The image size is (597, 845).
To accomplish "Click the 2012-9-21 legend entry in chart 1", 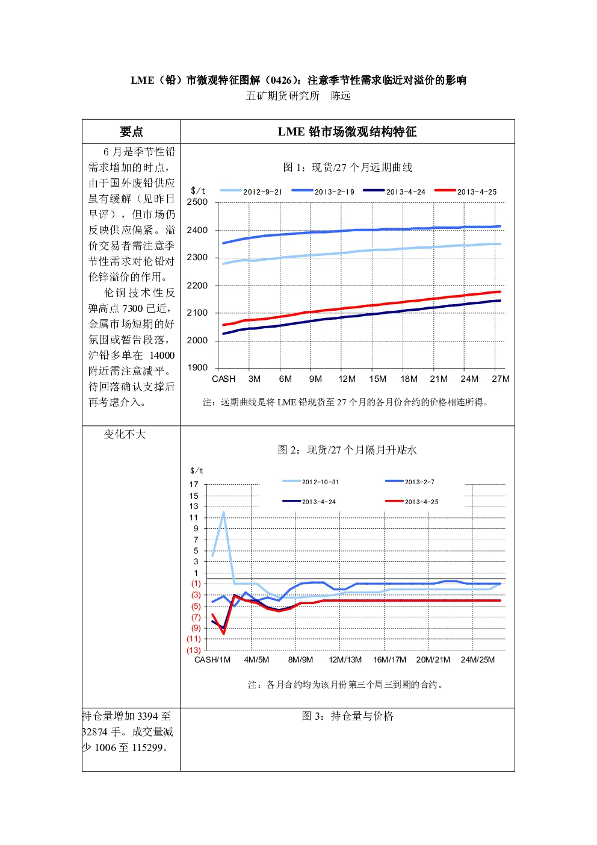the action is pyautogui.click(x=252, y=192).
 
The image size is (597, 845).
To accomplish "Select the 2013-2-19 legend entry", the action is pyautogui.click(x=323, y=192).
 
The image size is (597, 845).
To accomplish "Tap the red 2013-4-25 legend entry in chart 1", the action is pyautogui.click(x=465, y=192).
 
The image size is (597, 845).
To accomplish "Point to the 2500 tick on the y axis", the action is pyautogui.click(x=197, y=202).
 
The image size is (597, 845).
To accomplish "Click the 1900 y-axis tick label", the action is pyautogui.click(x=197, y=368).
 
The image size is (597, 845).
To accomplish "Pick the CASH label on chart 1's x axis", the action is pyautogui.click(x=223, y=379).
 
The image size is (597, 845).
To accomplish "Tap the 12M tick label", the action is pyautogui.click(x=347, y=379).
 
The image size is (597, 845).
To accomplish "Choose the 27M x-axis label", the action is pyautogui.click(x=501, y=379).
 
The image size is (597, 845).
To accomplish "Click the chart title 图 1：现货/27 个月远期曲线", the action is pyautogui.click(x=347, y=167).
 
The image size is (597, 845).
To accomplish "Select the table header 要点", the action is pyautogui.click(x=131, y=132).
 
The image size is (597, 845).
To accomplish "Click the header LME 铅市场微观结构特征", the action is pyautogui.click(x=347, y=132).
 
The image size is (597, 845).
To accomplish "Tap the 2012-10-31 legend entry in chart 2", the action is pyautogui.click(x=311, y=482).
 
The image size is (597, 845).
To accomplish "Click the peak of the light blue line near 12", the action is pyautogui.click(x=223, y=513).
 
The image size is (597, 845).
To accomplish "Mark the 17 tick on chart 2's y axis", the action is pyautogui.click(x=194, y=484).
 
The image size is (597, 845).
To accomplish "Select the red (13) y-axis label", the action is pyautogui.click(x=194, y=650).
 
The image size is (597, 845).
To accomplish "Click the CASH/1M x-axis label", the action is pyautogui.click(x=212, y=659).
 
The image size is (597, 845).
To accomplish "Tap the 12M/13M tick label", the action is pyautogui.click(x=345, y=659).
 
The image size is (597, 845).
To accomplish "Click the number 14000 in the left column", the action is pyautogui.click(x=162, y=355).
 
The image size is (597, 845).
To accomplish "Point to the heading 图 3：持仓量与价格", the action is pyautogui.click(x=347, y=716).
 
